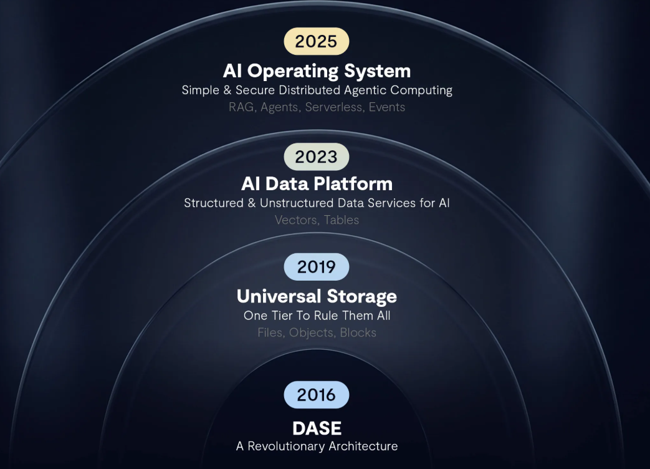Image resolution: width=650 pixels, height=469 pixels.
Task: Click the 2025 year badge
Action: [317, 41]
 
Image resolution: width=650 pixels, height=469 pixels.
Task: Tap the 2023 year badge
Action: [317, 157]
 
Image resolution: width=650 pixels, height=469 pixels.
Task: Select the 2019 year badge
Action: [317, 267]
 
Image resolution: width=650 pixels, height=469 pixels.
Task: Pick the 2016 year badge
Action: [317, 394]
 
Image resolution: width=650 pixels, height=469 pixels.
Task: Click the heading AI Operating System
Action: [317, 71]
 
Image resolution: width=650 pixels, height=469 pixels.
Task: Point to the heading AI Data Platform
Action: [317, 184]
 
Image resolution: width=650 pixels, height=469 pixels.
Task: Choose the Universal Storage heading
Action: [317, 296]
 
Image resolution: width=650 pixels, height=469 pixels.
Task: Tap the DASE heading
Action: [317, 428]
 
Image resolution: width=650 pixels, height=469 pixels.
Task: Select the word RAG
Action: [241, 107]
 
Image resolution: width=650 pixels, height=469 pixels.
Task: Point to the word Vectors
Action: [295, 220]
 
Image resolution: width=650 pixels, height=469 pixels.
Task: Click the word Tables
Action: [342, 220]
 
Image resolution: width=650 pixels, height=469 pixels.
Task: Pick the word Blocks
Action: [358, 332]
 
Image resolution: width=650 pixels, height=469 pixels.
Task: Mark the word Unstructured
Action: [297, 203]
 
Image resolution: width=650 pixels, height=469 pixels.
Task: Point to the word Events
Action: [387, 107]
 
